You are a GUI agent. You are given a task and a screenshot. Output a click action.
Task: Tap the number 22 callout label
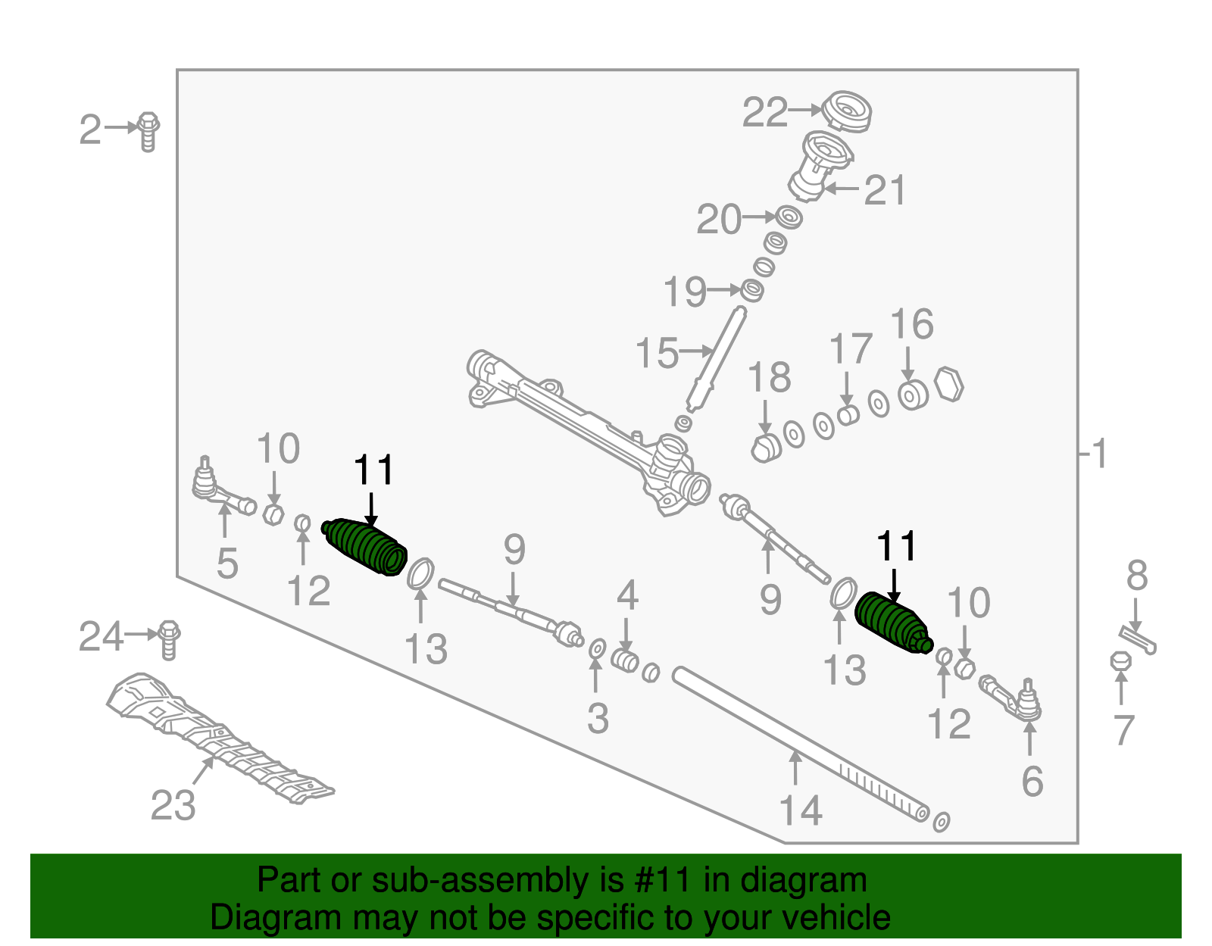(764, 113)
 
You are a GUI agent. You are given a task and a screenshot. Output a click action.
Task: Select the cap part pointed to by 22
(848, 111)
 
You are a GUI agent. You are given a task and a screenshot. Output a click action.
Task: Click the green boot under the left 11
(366, 547)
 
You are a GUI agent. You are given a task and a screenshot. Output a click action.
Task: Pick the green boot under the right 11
(892, 623)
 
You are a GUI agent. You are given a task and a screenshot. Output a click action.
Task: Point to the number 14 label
(801, 811)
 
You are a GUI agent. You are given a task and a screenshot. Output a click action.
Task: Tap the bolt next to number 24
(169, 639)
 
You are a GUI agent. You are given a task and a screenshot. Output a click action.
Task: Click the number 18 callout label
(769, 377)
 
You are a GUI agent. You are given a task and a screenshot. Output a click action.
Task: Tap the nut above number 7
(1120, 661)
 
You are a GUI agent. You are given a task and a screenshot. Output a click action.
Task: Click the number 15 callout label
(656, 354)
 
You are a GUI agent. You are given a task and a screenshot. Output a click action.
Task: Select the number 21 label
(885, 190)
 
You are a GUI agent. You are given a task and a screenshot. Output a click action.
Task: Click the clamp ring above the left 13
(421, 573)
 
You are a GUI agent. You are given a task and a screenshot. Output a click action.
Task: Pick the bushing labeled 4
(625, 660)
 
